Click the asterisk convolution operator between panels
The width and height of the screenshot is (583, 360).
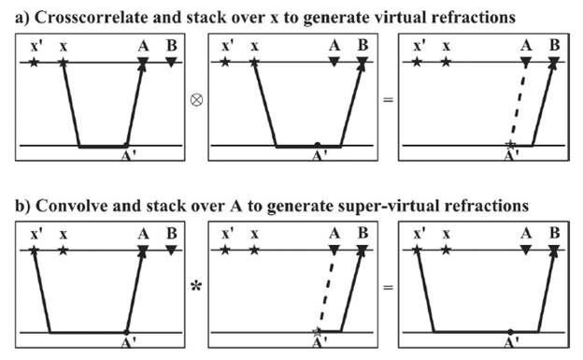click(196, 285)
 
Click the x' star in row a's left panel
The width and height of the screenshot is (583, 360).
click(35, 63)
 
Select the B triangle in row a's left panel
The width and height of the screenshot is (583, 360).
click(171, 63)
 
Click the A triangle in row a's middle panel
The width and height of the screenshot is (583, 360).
click(334, 63)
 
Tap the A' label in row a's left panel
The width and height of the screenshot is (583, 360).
click(127, 158)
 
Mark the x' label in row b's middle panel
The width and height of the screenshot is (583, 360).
click(228, 234)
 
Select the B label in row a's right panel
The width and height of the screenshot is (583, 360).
click(553, 45)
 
